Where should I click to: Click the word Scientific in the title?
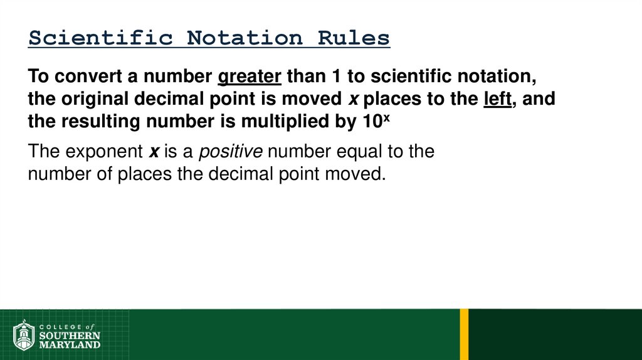click(101, 38)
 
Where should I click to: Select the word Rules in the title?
click(354, 38)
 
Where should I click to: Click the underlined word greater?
click(250, 77)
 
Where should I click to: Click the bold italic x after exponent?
click(153, 152)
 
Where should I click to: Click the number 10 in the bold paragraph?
click(371, 122)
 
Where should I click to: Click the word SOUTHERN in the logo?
click(69, 336)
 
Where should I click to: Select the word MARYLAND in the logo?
click(69, 344)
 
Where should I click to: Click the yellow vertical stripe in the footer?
click(464, 334)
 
